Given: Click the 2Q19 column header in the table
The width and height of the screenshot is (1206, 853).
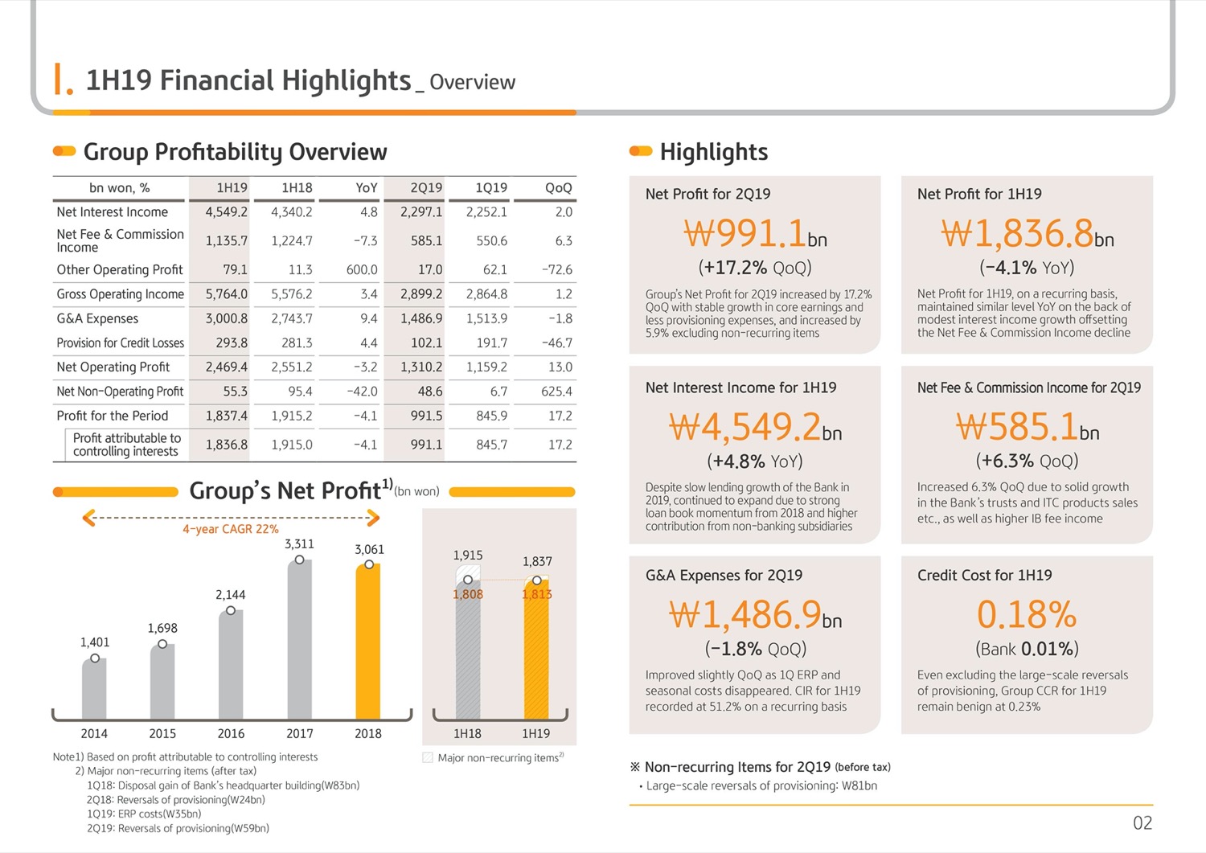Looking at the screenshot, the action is (x=426, y=188).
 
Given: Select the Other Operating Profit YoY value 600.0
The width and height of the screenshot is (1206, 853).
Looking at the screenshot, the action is (x=362, y=269).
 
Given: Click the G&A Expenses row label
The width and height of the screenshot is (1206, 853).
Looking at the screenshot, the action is (x=97, y=318).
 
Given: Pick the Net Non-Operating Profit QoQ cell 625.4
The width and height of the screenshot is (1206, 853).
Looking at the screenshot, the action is (x=556, y=392).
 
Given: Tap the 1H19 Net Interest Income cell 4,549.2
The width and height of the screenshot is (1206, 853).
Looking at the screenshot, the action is (x=226, y=212).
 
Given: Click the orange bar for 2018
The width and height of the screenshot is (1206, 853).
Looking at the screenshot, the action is (x=368, y=641).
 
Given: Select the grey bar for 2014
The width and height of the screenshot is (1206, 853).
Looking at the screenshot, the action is (x=94, y=688).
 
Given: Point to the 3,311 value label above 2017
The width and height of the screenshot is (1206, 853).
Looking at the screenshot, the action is (x=299, y=544).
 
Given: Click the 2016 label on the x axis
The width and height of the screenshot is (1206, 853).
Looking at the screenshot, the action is (x=231, y=733).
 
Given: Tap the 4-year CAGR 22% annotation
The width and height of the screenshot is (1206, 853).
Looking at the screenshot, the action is (x=231, y=529).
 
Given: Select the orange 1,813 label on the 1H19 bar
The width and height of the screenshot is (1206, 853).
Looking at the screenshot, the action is (x=537, y=594).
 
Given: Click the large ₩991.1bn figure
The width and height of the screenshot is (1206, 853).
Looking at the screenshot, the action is (x=755, y=234).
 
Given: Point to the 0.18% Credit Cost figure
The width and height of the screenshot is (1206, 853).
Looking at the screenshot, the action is (x=1026, y=614).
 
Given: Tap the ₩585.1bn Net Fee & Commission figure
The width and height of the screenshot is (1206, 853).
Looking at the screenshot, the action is (x=1028, y=426).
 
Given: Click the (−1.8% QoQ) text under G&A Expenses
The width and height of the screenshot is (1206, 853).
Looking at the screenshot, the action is (x=756, y=649).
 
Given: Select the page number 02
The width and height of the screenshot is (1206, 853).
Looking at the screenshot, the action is (x=1142, y=822).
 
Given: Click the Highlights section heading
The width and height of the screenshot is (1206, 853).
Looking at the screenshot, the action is (x=714, y=152).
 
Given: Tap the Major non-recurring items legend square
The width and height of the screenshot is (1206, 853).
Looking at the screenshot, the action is (x=428, y=757).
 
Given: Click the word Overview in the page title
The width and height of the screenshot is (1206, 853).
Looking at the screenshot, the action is (x=472, y=82).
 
